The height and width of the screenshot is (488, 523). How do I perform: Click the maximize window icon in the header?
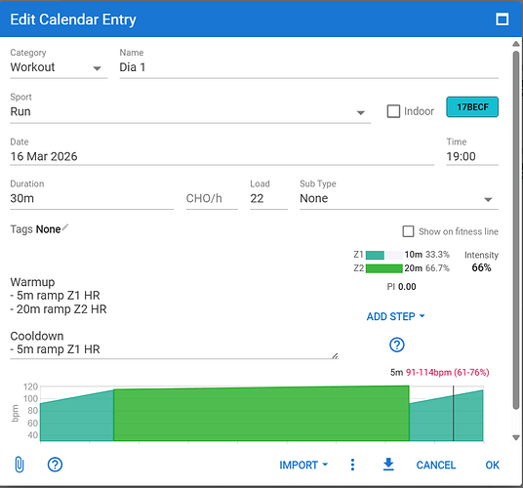click(x=502, y=20)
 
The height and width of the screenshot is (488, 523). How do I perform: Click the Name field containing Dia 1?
click(x=308, y=67)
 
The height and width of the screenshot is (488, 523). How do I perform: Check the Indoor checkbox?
click(x=393, y=111)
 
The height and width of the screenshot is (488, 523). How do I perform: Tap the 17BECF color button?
click(x=472, y=107)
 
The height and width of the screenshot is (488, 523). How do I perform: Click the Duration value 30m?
click(x=22, y=198)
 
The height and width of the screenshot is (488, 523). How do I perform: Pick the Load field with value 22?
click(x=268, y=198)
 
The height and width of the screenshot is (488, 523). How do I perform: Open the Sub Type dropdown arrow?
click(x=488, y=199)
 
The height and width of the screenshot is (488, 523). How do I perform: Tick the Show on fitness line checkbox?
click(x=408, y=231)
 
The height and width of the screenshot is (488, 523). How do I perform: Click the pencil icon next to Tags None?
click(x=64, y=227)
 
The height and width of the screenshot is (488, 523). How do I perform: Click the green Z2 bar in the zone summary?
click(x=384, y=268)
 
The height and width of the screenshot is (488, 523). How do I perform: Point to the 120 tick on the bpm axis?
click(x=30, y=386)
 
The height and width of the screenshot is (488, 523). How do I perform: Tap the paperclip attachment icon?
click(x=20, y=465)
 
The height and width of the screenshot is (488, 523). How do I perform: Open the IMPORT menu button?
click(x=303, y=465)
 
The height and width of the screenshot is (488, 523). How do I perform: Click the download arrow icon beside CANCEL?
click(x=388, y=465)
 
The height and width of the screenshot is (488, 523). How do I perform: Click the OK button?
click(x=493, y=465)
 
